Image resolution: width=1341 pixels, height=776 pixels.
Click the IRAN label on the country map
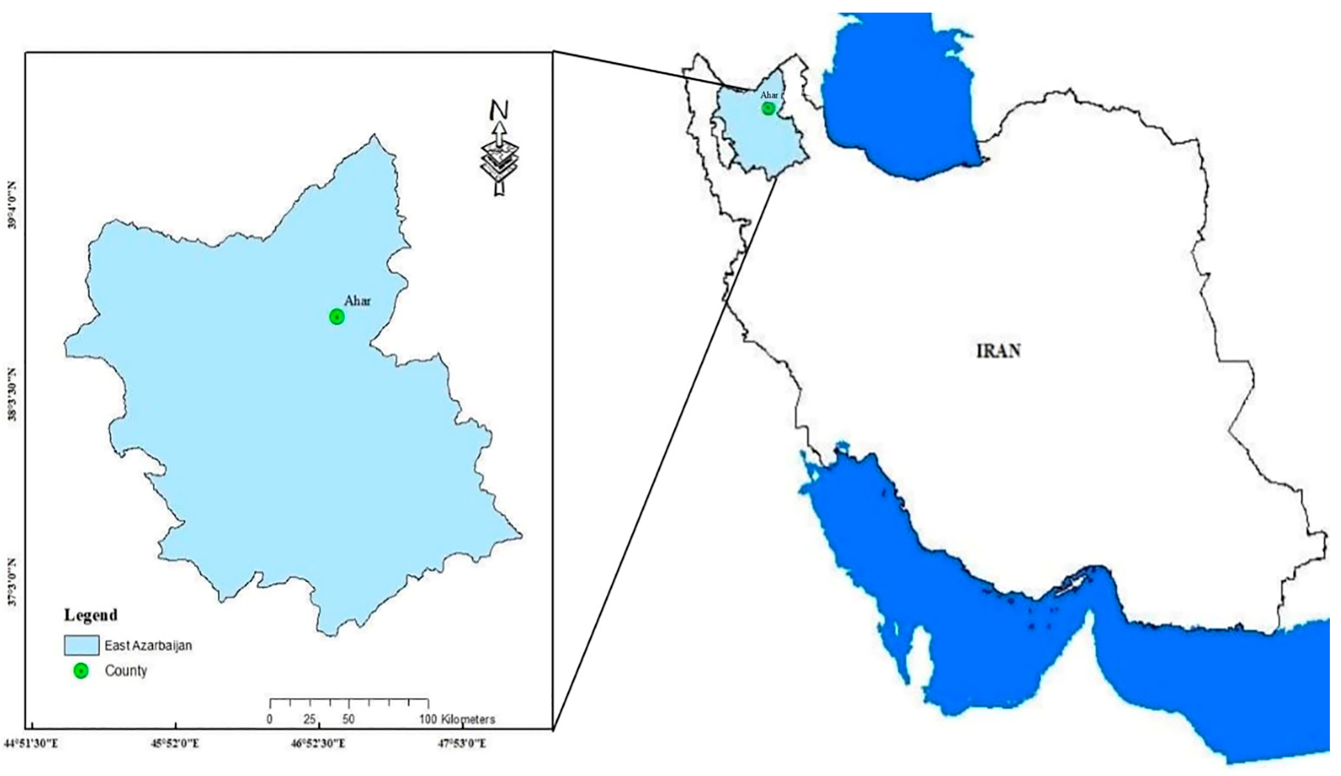point(998,351)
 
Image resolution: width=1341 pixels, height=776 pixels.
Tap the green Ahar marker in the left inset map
point(337,317)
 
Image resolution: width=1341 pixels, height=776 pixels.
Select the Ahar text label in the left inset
point(357,301)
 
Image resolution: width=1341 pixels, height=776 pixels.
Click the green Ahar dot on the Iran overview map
point(768,109)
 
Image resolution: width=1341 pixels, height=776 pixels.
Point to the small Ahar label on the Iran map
point(769,95)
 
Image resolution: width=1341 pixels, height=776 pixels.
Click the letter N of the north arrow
point(499,110)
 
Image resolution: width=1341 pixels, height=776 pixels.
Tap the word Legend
point(91,616)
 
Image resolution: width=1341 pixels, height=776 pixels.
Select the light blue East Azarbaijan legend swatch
point(81,645)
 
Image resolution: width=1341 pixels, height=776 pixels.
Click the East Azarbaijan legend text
point(148,646)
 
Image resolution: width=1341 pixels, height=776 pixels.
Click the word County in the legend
point(126,670)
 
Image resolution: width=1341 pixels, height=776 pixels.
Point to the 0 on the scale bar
point(270,719)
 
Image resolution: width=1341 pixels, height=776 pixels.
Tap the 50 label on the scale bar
point(349,719)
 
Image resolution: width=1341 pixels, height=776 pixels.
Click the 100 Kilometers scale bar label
point(458,719)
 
